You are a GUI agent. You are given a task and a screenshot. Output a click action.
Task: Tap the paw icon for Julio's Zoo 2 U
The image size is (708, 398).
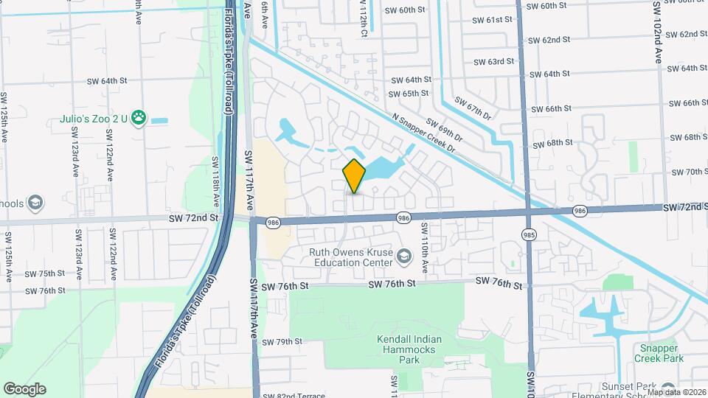[139, 118]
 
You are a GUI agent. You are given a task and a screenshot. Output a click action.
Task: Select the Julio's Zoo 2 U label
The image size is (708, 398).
[94, 118]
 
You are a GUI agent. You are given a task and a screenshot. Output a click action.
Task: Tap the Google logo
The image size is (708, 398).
[24, 389]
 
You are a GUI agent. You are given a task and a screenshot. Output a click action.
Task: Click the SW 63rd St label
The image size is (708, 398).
[493, 62]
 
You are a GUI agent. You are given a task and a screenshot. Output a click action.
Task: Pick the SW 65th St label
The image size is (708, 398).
[410, 94]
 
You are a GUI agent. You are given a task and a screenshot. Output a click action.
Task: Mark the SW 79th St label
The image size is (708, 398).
[279, 342]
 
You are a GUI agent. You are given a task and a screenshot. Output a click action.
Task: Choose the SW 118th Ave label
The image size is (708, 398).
[216, 181]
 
